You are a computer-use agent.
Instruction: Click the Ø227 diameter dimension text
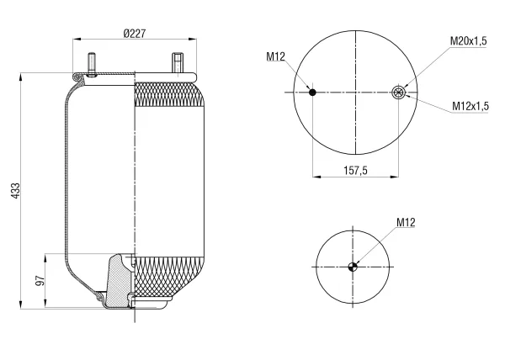(135, 33)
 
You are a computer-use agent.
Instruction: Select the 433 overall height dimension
(15, 191)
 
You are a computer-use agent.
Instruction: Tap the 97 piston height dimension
(40, 281)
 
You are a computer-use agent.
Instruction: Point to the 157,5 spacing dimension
(355, 170)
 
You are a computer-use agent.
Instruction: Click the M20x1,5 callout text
(468, 41)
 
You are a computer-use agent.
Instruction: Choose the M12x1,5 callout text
(470, 105)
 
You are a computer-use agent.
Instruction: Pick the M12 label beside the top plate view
(276, 56)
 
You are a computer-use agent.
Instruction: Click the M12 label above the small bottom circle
(406, 222)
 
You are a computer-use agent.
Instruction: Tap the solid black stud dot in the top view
(312, 93)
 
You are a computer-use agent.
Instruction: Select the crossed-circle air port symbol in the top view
(398, 93)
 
